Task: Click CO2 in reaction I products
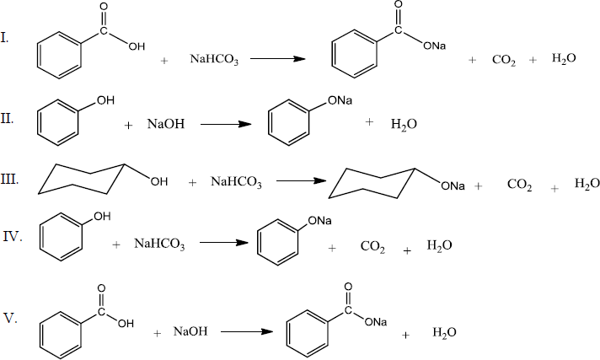click(x=505, y=61)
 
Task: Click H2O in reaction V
click(x=444, y=332)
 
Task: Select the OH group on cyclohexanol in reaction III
click(x=159, y=180)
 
